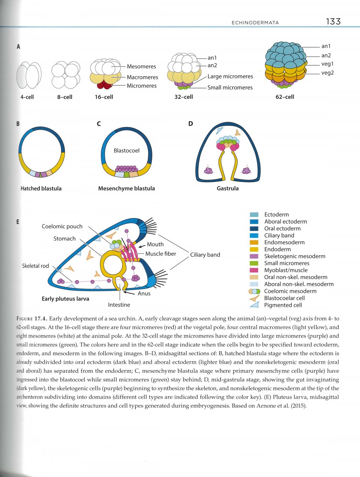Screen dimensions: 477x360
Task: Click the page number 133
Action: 333,21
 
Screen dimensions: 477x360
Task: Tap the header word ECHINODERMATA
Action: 255,22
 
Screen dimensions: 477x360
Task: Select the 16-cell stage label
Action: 104,97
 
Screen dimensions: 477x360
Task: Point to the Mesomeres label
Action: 141,66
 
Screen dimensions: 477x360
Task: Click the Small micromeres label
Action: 230,87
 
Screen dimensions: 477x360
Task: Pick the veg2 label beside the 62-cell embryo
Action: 327,73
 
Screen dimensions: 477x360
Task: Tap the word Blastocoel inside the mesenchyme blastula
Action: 126,150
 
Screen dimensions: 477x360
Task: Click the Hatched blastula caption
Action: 41,188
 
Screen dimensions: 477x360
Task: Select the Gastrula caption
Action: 228,188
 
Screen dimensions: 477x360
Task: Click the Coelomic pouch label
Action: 62,226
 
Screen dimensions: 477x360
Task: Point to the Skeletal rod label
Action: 35,266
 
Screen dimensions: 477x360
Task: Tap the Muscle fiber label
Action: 160,253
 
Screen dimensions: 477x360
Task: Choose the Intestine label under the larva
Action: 119,305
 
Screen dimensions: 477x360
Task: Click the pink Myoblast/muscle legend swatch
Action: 254,270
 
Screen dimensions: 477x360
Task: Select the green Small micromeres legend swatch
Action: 254,263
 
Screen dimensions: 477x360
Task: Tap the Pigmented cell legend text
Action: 283,305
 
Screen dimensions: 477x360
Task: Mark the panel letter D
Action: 190,123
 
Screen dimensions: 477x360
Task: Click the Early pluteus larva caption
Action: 65,298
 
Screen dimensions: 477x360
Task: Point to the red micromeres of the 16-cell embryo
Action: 105,85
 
